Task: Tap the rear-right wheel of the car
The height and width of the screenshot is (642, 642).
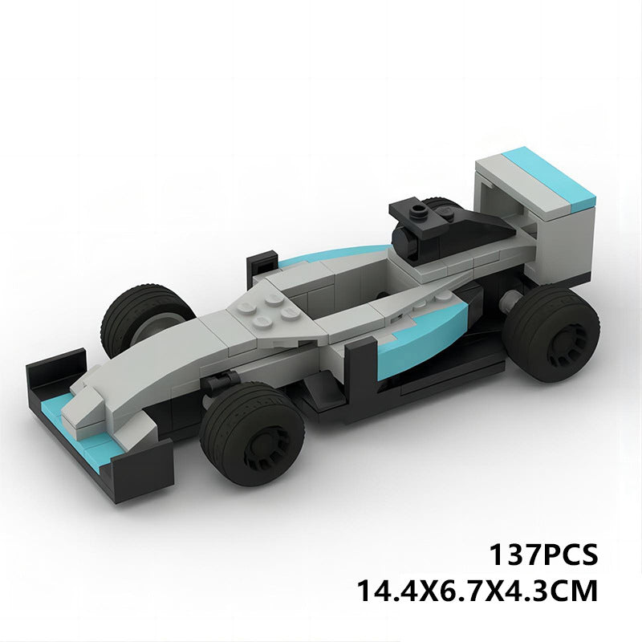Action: click(x=553, y=330)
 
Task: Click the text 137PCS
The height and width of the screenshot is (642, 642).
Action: click(x=542, y=555)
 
